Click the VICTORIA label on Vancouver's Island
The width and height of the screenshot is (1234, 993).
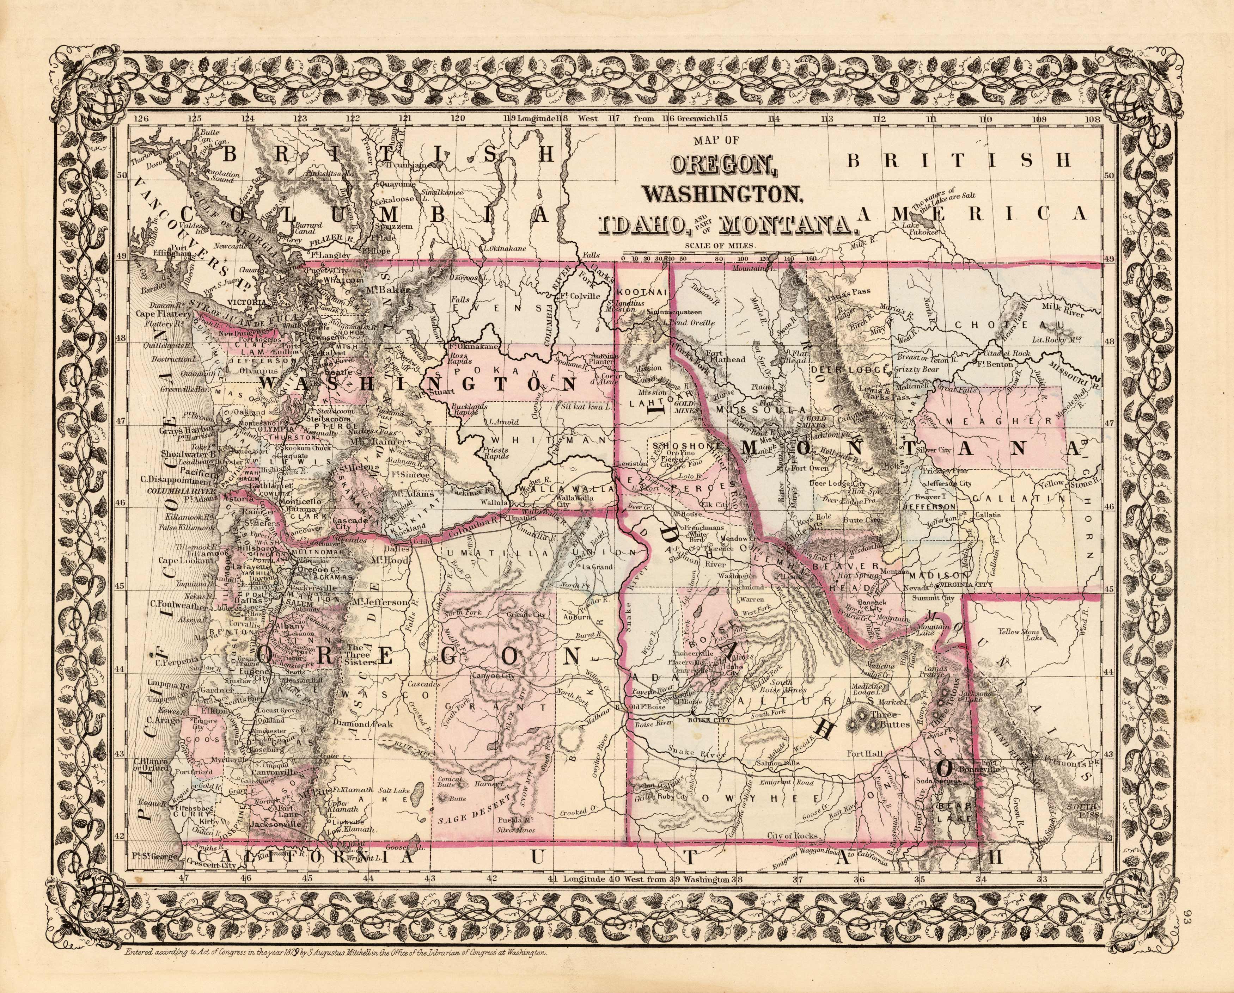point(245,301)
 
